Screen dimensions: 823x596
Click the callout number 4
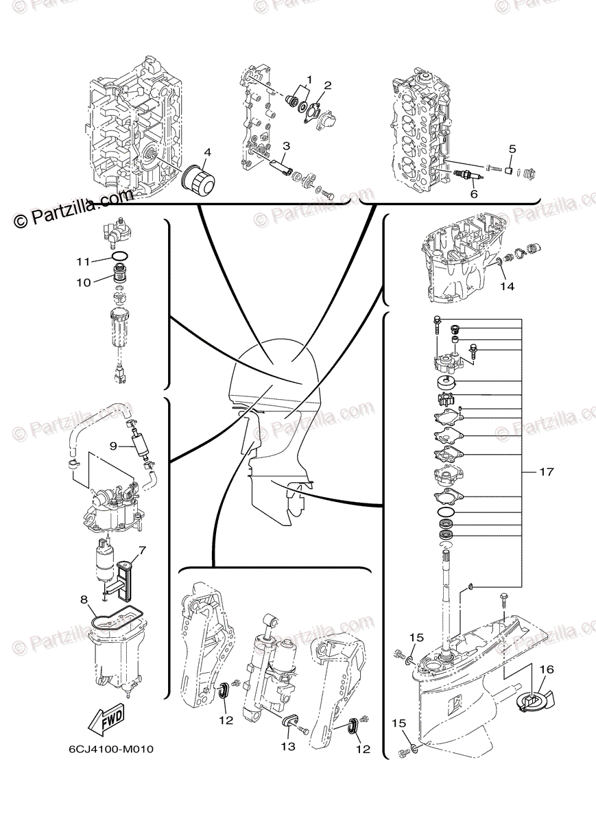tap(206, 152)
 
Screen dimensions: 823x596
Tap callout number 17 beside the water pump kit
tap(546, 473)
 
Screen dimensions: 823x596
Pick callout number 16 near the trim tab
tap(546, 669)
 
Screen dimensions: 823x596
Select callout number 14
tap(506, 286)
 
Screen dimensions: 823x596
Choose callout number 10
tap(83, 282)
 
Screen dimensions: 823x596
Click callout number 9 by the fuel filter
tap(113, 445)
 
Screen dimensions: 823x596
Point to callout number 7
tap(141, 549)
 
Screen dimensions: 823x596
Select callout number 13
tap(289, 746)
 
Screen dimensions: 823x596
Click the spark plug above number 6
tap(466, 177)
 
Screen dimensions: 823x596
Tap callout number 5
tap(512, 148)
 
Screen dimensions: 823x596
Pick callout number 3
tap(286, 145)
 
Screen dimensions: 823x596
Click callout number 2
tap(328, 86)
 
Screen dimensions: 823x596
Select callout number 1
tap(309, 80)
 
